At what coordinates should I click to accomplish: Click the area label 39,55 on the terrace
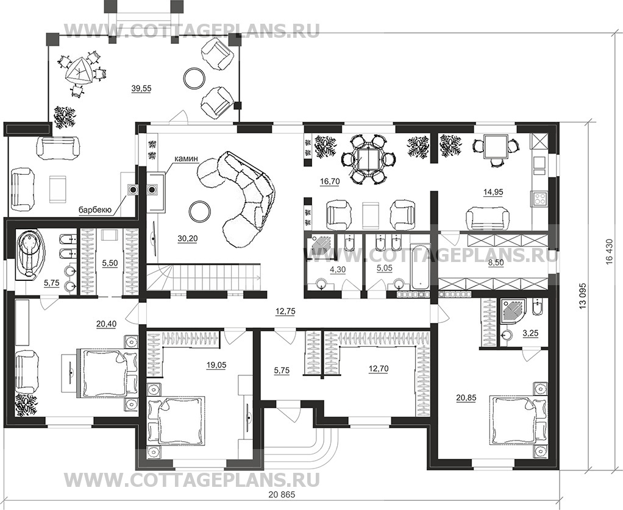141,88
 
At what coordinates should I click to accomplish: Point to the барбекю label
94,211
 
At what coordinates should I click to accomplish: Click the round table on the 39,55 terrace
195,77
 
